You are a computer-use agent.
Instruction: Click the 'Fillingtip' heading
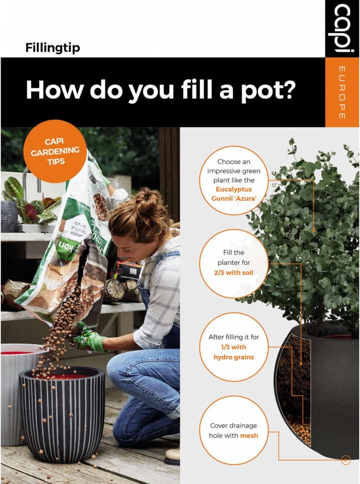click(x=52, y=48)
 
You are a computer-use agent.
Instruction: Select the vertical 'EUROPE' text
click(x=341, y=92)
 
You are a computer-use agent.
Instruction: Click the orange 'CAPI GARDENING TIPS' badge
click(x=55, y=151)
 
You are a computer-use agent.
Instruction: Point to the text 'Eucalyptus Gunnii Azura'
click(x=234, y=193)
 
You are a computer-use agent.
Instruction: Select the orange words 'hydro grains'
click(x=234, y=357)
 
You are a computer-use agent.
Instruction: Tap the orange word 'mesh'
click(x=249, y=436)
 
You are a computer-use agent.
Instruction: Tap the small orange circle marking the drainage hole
click(x=345, y=460)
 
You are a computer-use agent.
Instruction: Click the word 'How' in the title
click(x=54, y=90)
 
